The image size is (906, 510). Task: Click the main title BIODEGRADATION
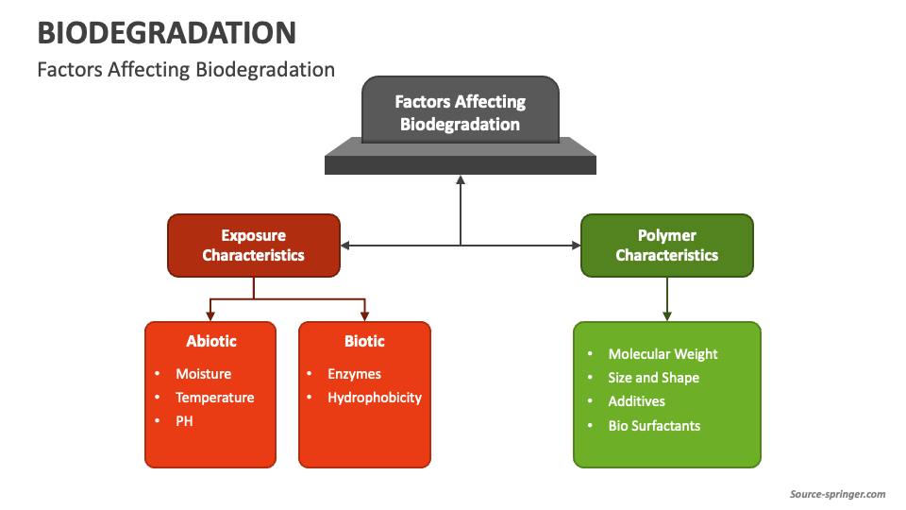(x=166, y=33)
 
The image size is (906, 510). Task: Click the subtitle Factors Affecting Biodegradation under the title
(x=186, y=70)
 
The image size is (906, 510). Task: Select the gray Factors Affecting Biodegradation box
(x=460, y=112)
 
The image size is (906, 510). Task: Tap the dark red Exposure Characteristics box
(x=253, y=246)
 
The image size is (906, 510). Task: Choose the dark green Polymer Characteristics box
(x=666, y=246)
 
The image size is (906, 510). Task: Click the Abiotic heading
(x=211, y=341)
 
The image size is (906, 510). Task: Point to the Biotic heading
(x=364, y=341)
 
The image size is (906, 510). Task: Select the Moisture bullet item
(x=203, y=374)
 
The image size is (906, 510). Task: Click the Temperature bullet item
(x=214, y=398)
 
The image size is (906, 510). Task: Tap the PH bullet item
(x=184, y=421)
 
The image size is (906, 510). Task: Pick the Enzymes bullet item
(x=354, y=374)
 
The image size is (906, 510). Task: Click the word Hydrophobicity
(x=375, y=398)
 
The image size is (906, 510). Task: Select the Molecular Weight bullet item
(x=663, y=354)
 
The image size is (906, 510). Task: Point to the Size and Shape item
(x=654, y=378)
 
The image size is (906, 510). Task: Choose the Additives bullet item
(x=637, y=401)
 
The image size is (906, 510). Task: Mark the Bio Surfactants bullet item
(x=654, y=426)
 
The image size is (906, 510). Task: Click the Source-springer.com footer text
(x=837, y=494)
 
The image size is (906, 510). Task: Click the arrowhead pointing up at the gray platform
(x=461, y=179)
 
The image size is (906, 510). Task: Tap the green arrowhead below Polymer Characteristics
(x=667, y=315)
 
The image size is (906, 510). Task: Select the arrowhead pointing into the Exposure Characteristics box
(x=345, y=246)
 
